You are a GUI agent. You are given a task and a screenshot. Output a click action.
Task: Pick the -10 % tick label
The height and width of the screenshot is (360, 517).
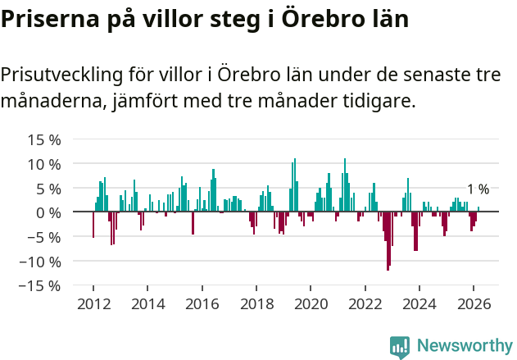click(x=43, y=262)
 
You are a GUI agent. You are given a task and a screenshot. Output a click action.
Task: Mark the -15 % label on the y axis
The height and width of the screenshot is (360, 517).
click(x=43, y=286)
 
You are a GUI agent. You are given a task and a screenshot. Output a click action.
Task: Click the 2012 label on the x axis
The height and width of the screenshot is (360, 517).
click(x=93, y=304)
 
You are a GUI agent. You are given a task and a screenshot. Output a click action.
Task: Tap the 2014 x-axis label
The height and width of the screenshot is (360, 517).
click(x=147, y=304)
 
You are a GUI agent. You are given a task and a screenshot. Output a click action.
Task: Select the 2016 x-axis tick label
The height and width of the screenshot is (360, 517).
click(x=202, y=304)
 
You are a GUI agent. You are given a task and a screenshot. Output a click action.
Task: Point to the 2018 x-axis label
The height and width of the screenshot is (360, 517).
click(x=256, y=304)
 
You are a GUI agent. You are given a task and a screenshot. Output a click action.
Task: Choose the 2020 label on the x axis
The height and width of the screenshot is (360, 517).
click(x=311, y=304)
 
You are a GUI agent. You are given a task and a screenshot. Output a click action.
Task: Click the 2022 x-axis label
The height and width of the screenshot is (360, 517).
click(x=365, y=304)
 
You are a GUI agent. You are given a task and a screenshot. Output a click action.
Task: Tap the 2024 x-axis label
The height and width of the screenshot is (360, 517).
click(x=419, y=304)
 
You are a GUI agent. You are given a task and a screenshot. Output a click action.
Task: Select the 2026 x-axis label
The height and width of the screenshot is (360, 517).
click(x=474, y=304)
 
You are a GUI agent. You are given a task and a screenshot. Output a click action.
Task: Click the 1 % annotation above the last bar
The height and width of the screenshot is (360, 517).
click(x=478, y=189)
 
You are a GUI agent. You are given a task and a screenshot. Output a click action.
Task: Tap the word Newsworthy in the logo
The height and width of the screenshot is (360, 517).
click(x=464, y=346)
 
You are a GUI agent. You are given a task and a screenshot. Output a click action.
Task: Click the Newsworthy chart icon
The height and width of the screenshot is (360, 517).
click(x=400, y=347)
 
